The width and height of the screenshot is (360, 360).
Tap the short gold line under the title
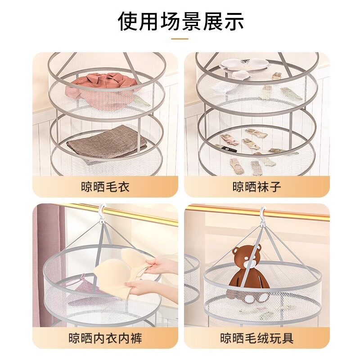click(180, 39)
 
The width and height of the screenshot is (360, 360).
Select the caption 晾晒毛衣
click(105, 186)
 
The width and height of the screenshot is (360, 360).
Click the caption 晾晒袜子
click(256, 186)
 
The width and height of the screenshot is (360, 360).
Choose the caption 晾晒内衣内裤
click(105, 337)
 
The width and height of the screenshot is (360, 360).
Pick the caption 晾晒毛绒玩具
click(256, 337)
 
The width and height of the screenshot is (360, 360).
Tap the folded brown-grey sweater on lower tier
click(106, 142)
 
